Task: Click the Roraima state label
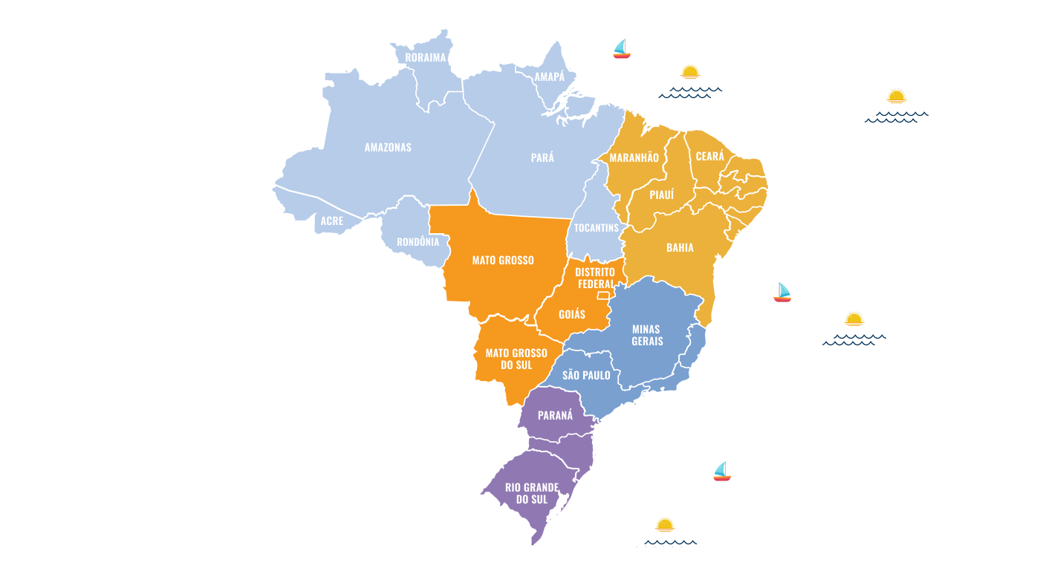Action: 426,57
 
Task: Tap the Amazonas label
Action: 388,147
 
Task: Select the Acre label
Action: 332,221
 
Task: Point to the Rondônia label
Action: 417,241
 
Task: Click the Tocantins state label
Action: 596,227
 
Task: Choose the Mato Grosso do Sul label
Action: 516,359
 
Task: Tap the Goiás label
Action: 572,314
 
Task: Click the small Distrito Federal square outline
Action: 602,296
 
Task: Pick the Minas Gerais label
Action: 647,335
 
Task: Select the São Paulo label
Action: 586,375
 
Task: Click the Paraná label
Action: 555,415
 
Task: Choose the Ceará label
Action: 709,156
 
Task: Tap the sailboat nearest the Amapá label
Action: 621,49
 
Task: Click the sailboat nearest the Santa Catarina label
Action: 721,472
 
